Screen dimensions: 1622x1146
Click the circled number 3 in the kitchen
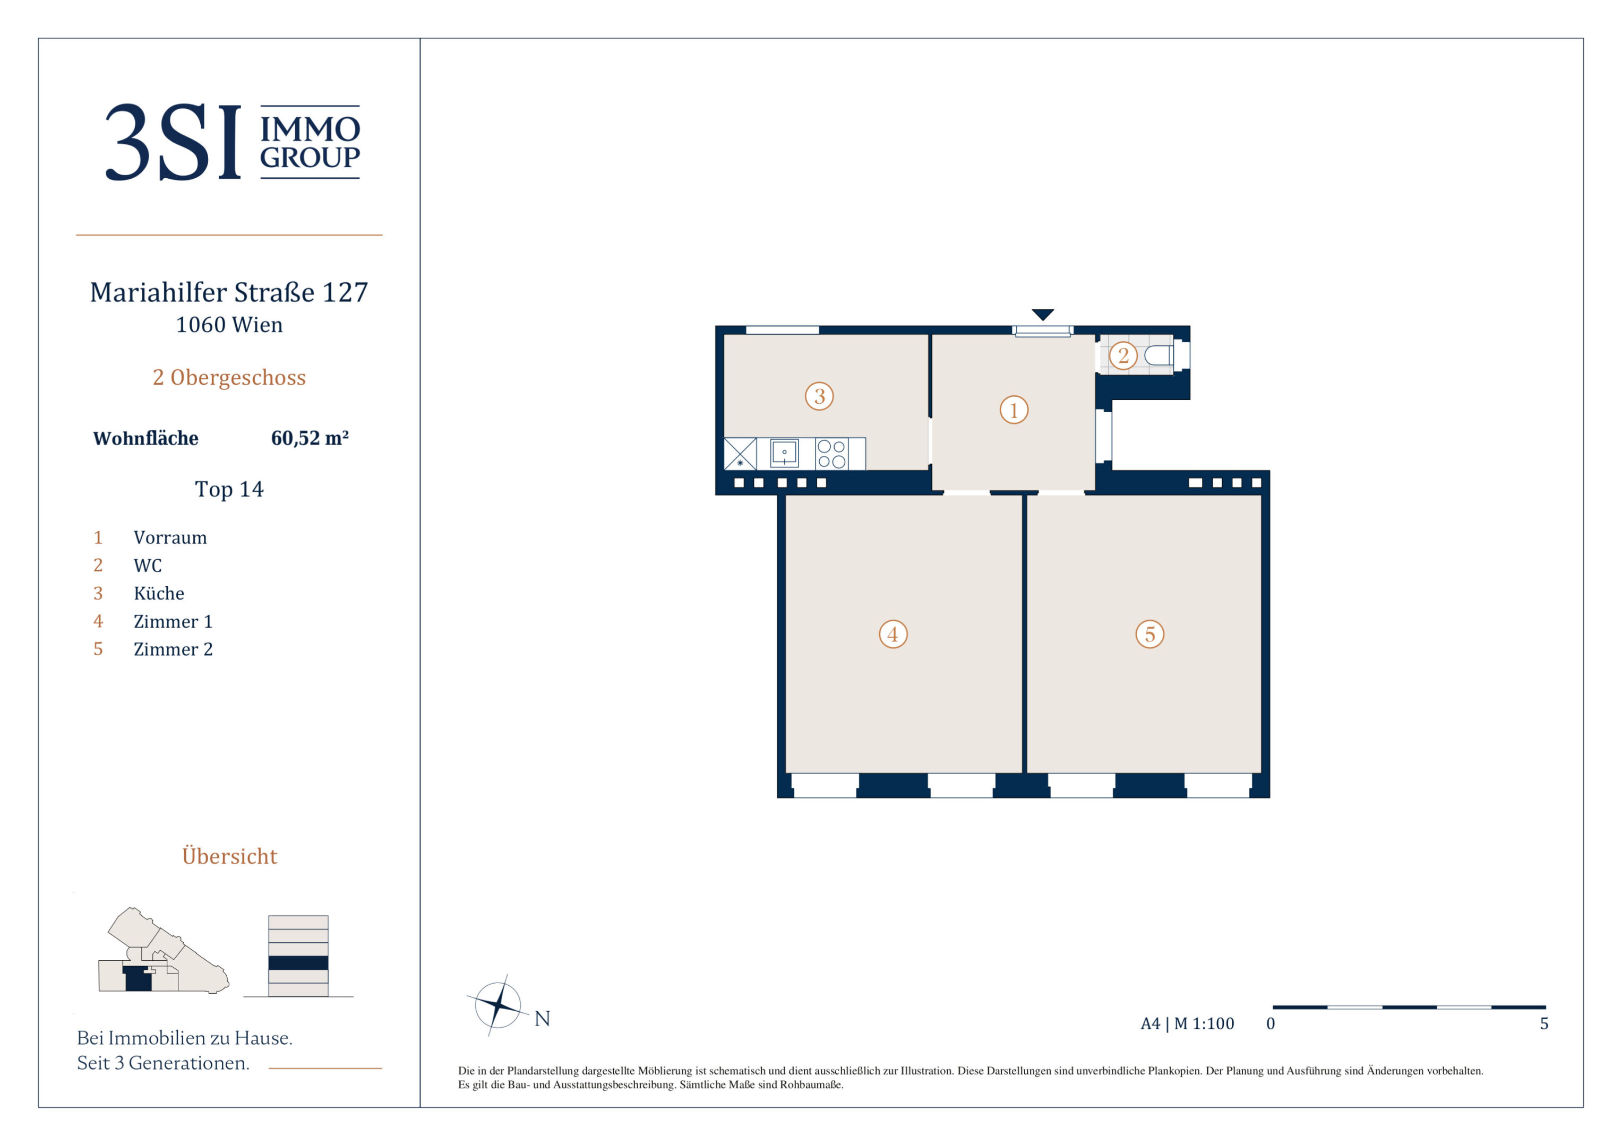coord(819,396)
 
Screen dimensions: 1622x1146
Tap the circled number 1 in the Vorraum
coord(1014,410)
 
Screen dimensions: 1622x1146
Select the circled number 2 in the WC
coord(1123,355)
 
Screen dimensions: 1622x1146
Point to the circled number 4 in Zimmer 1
coord(893,634)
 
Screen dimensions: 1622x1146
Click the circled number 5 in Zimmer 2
coord(1150,634)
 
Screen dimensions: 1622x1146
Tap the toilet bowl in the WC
coord(1158,355)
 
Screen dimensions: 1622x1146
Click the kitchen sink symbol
coord(784,453)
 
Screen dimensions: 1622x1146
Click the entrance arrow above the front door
coord(1043,314)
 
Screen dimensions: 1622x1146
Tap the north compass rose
coord(498,1005)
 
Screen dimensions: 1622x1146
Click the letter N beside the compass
coord(542,1018)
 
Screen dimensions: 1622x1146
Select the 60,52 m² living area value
coord(310,438)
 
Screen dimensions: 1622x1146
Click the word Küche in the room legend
coord(159,593)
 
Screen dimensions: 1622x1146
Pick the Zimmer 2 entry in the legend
coord(173,649)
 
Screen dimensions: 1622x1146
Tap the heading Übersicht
coord(229,855)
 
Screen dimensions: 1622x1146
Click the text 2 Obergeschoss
coord(229,378)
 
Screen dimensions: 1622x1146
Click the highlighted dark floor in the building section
coord(298,963)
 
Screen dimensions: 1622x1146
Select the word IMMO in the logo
coord(310,129)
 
